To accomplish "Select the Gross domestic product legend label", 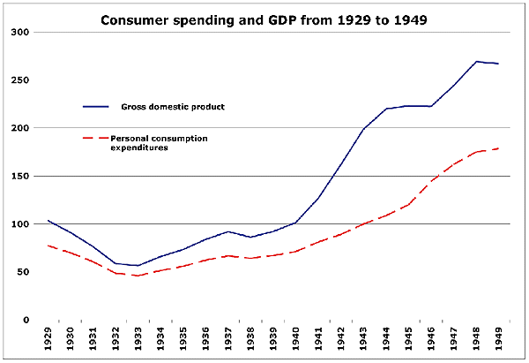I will [x=173, y=107].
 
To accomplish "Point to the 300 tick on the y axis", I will [x=20, y=33].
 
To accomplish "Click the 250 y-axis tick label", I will [x=20, y=80].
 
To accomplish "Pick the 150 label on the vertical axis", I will [x=20, y=177].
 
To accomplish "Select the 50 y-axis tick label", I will [x=23, y=272].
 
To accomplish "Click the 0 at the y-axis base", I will [x=26, y=320].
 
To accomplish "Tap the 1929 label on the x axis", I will [x=48, y=340].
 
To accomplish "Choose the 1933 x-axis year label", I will [x=136, y=340].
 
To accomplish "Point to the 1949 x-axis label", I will [x=498, y=340].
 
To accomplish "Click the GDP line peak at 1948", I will [x=477, y=62].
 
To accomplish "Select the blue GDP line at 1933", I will [x=136, y=265].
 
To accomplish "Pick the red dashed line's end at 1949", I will [x=498, y=148].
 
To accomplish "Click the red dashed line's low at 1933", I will [x=136, y=276].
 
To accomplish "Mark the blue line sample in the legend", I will [x=95, y=107].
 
